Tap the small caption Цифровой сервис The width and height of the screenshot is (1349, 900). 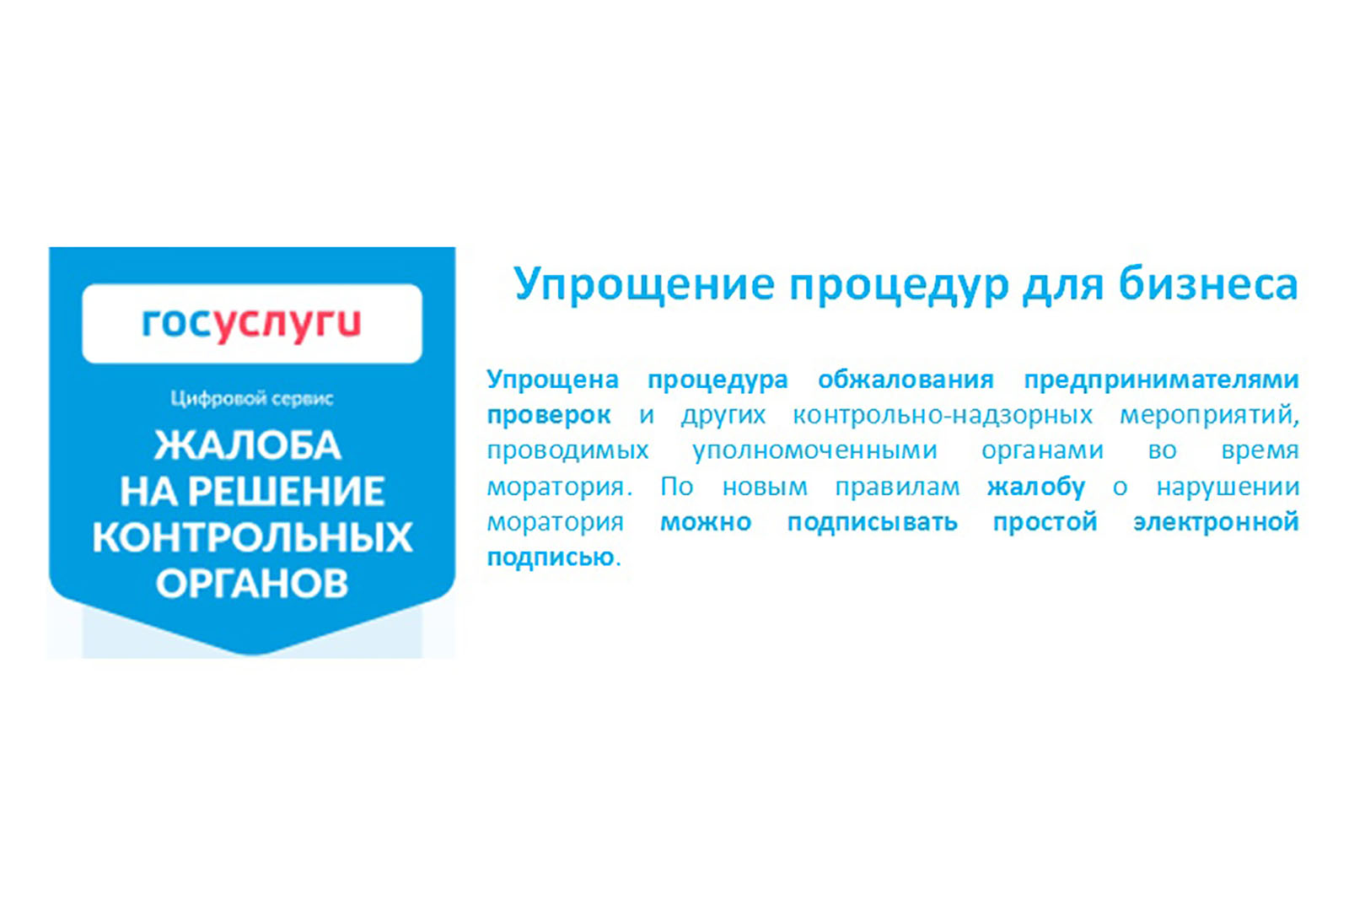252,399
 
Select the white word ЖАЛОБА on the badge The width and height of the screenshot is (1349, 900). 248,445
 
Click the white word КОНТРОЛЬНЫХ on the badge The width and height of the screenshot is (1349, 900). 252,536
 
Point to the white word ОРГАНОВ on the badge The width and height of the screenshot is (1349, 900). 252,583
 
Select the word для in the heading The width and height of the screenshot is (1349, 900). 1063,286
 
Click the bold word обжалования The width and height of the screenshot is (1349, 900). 906,380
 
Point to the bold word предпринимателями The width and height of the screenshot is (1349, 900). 1162,380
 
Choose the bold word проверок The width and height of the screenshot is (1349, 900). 549,416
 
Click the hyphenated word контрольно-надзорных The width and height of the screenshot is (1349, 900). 943,416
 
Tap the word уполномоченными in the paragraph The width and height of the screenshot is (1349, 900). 814,451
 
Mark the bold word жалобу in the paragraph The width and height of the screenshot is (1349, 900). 1036,486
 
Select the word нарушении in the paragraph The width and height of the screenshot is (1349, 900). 1228,487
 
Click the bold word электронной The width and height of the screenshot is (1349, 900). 1216,521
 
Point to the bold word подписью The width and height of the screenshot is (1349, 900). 551,558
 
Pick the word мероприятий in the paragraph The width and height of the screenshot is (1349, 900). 1209,416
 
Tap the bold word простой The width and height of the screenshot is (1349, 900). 1045,522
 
